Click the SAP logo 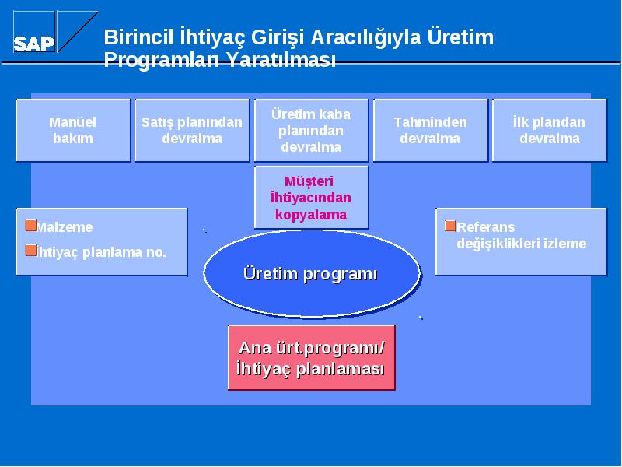point(55,32)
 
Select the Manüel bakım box point(73,130)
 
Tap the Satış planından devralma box point(192,130)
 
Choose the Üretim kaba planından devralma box point(311,130)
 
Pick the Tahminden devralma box point(431,130)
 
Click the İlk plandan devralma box point(550,130)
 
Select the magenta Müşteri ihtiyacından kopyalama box point(311,198)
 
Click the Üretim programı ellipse point(312,274)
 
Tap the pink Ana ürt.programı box point(312,357)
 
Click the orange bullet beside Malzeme point(30,225)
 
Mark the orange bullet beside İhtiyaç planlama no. point(30,250)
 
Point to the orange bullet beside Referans point(450,226)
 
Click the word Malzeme point(65,227)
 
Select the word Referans point(485,227)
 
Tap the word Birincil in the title point(139,37)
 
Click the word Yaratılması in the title point(281,60)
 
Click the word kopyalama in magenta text point(311,215)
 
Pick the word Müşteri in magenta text point(309,181)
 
